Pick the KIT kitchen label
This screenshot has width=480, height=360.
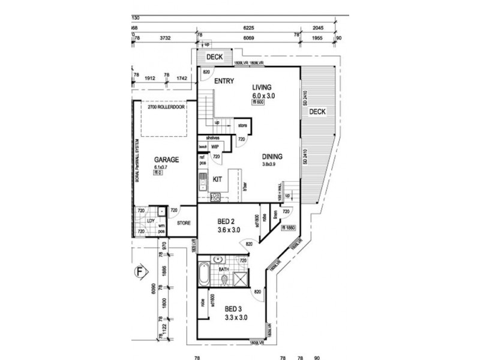click(x=218, y=179)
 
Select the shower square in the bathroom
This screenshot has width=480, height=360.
click(x=241, y=280)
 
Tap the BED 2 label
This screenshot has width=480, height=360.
click(x=229, y=221)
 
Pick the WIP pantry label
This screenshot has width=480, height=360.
click(x=214, y=146)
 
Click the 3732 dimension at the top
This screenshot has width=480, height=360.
click(x=166, y=38)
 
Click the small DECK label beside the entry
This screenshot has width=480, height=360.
click(x=214, y=57)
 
